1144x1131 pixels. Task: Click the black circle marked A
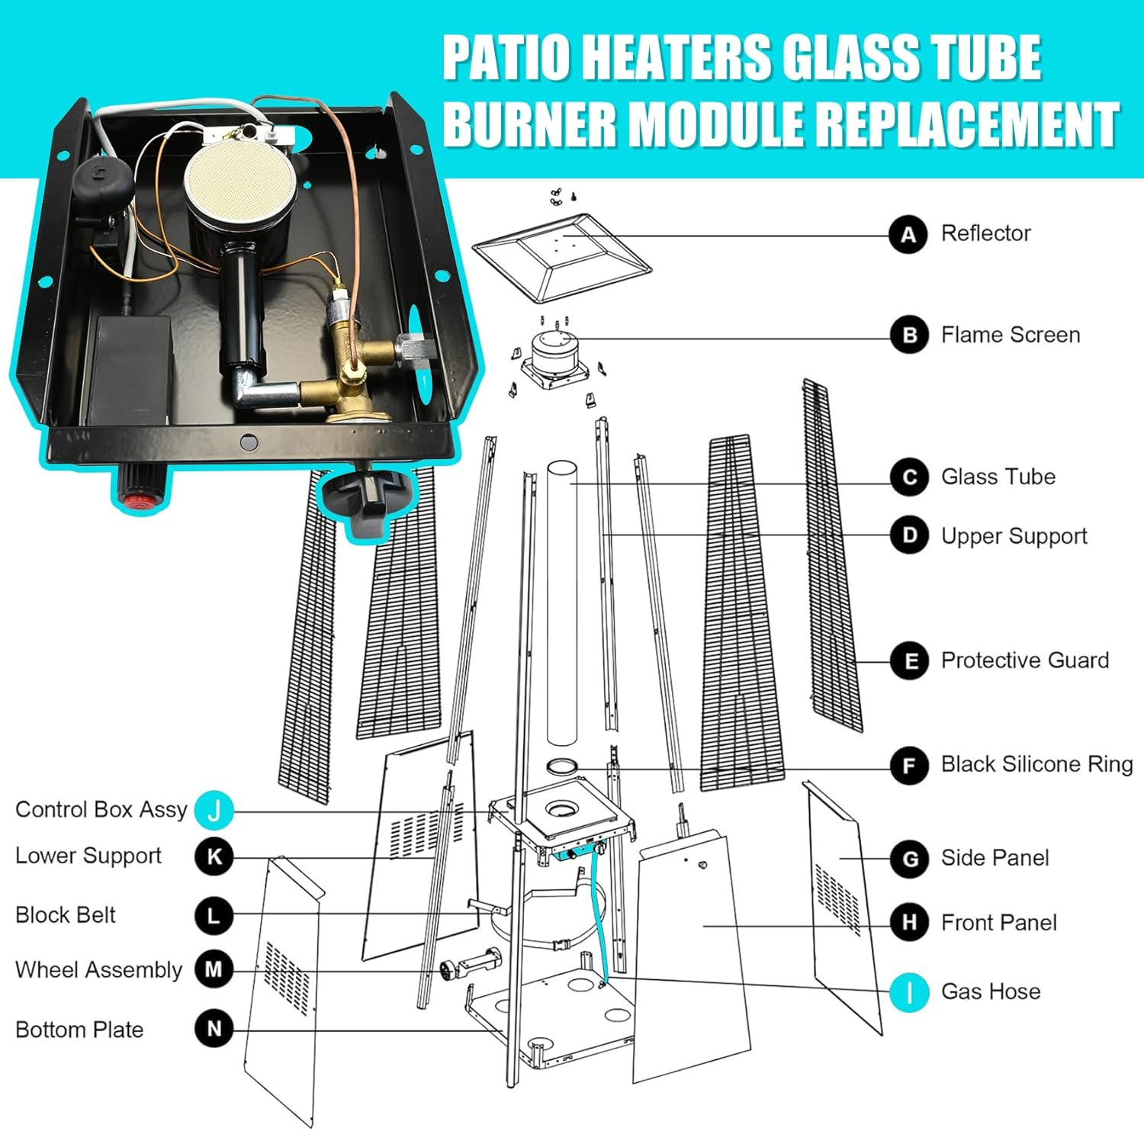[x=908, y=234]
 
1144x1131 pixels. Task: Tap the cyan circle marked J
[x=214, y=811]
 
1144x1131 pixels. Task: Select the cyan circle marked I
[x=909, y=992]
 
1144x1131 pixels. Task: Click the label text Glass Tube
[x=998, y=477]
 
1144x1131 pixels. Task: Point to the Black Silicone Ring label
[x=1036, y=764]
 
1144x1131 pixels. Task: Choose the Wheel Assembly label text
[x=98, y=970]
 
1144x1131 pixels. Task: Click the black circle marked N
[x=214, y=1029]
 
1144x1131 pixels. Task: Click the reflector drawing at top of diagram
[x=561, y=257]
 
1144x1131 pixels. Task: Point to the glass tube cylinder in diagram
[x=562, y=602]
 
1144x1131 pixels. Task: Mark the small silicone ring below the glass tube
[x=562, y=766]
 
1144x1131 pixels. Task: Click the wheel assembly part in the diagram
[x=469, y=965]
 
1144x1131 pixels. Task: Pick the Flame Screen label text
[x=1010, y=335]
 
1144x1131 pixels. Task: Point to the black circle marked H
[x=909, y=923]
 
